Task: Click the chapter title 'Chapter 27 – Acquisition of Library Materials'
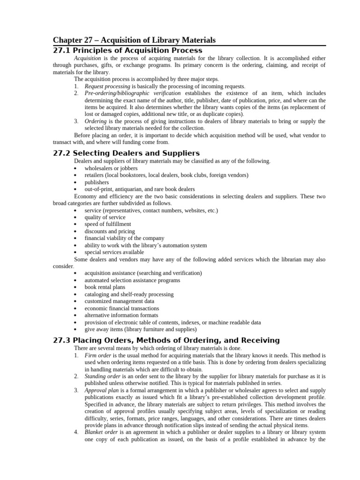point(134,40)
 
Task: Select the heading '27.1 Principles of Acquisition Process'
point(127,50)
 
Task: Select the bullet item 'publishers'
point(97,182)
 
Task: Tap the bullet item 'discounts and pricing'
point(110,231)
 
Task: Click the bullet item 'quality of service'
point(105,217)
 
